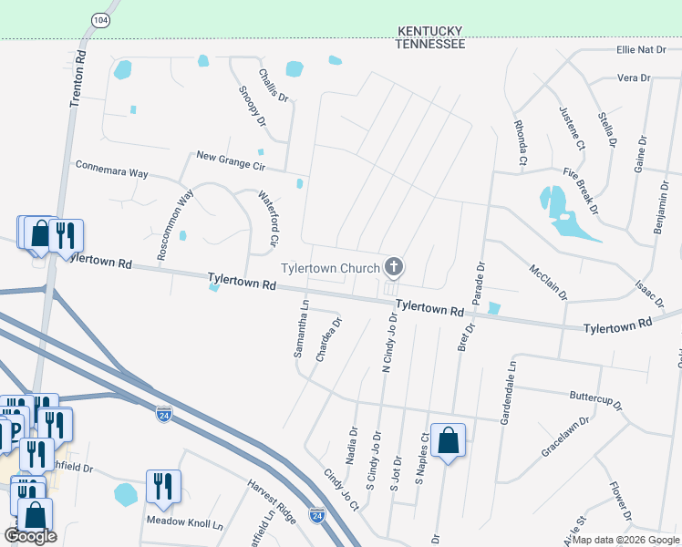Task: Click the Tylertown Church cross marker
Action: pyautogui.click(x=394, y=267)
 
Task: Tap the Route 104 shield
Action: pyautogui.click(x=99, y=18)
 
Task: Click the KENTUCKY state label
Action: pyautogui.click(x=430, y=31)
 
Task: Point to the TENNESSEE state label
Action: pyautogui.click(x=430, y=44)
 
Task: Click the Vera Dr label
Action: pyautogui.click(x=633, y=78)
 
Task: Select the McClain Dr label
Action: pyautogui.click(x=548, y=282)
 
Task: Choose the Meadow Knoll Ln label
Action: pyautogui.click(x=185, y=524)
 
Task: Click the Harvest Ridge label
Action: pyautogui.click(x=272, y=501)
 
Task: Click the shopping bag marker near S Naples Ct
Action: pyautogui.click(x=448, y=441)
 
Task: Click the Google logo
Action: pyautogui.click(x=30, y=536)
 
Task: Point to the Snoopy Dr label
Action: pyautogui.click(x=253, y=106)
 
